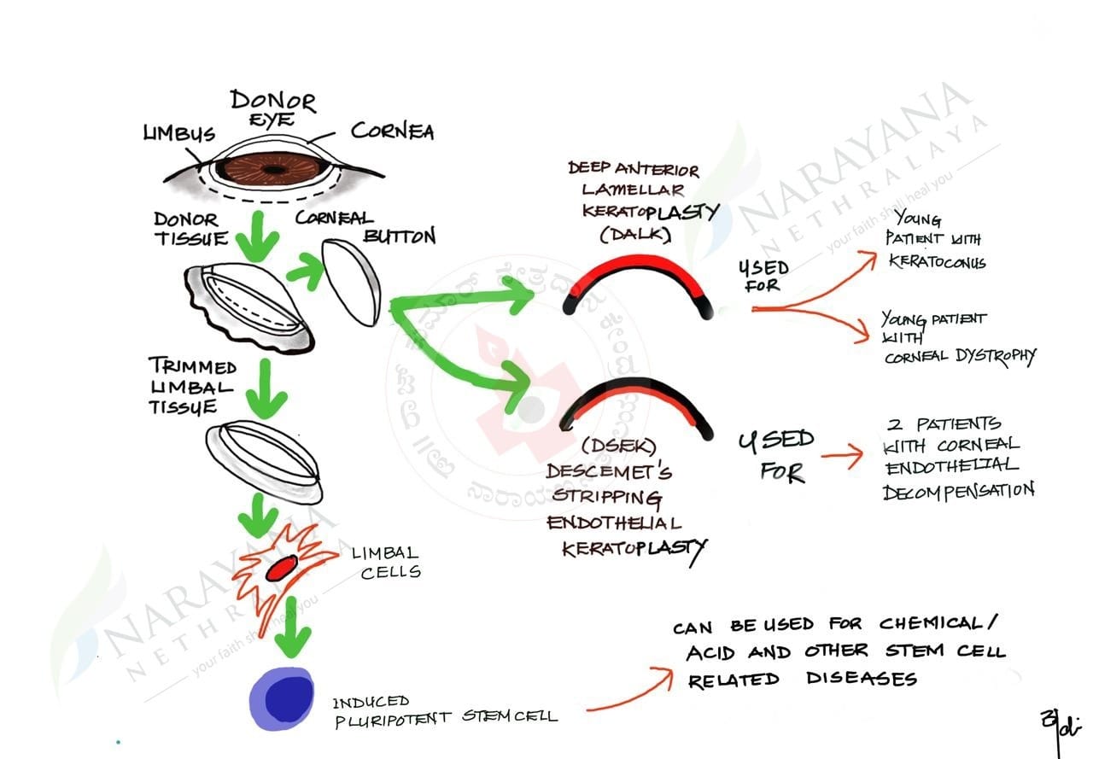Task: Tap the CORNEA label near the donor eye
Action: pyautogui.click(x=392, y=131)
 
